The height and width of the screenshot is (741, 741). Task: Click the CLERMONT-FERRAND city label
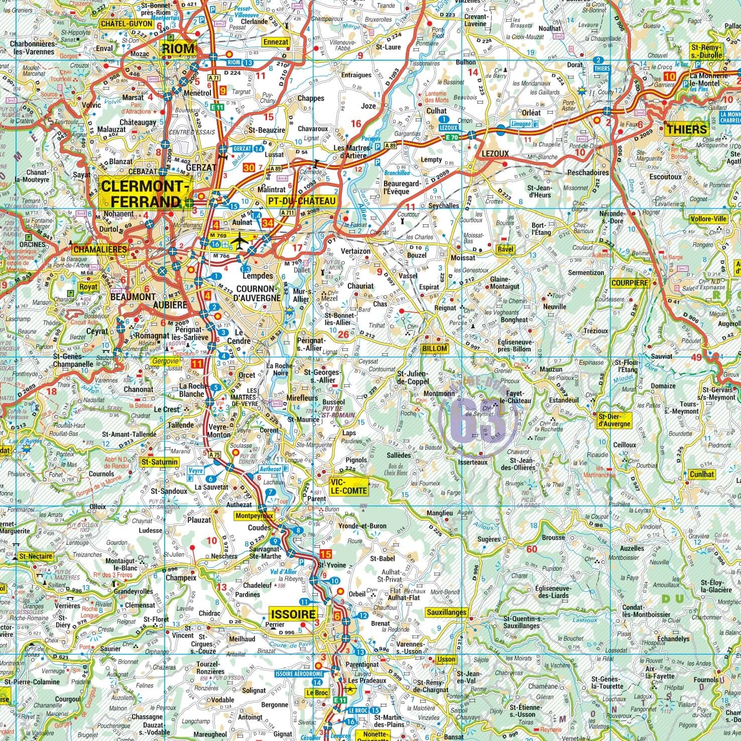[x=145, y=194]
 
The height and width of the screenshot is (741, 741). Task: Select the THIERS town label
[x=686, y=130]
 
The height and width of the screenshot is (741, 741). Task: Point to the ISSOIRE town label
[x=293, y=614]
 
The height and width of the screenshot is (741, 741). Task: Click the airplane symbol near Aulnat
[x=241, y=240]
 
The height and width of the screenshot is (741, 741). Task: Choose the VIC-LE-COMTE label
[x=348, y=485]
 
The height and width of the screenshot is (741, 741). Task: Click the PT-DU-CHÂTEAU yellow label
[x=301, y=201]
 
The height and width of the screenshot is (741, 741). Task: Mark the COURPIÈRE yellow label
[x=630, y=283]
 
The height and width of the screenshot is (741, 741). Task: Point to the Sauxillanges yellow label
[x=446, y=612]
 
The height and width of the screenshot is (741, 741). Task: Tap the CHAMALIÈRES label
[x=100, y=249]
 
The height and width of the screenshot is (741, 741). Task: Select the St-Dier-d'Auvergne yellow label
[x=614, y=420]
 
